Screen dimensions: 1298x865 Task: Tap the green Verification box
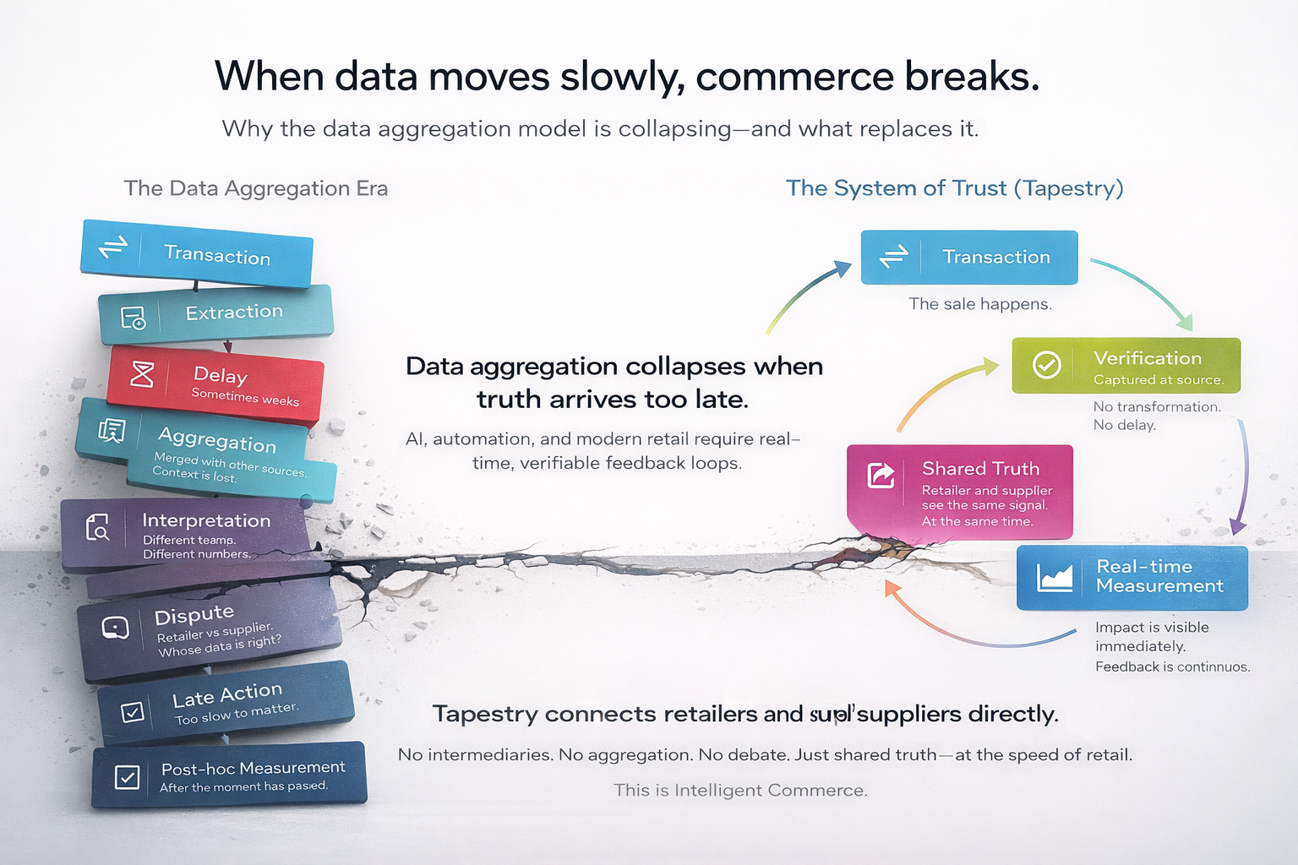tap(1126, 366)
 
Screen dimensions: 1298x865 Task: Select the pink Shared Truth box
tap(960, 492)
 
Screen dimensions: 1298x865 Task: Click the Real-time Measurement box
tap(1132, 578)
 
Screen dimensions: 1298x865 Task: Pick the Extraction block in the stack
tap(216, 313)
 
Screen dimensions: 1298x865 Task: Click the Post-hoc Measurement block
tap(229, 775)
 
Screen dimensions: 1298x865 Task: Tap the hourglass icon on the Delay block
tap(142, 373)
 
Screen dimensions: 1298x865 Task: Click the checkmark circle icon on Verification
tap(1047, 365)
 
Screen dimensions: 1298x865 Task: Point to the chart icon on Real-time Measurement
tap(1055, 578)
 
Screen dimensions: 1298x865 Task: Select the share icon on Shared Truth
tap(881, 475)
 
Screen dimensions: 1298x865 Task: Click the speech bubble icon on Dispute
tap(115, 628)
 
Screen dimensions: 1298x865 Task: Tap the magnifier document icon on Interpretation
tap(98, 528)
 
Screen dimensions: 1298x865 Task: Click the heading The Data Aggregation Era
tap(256, 188)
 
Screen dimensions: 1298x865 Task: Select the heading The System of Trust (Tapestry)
tap(954, 188)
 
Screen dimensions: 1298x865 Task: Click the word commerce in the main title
tap(794, 77)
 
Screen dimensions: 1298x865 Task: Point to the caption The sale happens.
tap(980, 304)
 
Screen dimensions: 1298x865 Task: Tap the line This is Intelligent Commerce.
tap(740, 791)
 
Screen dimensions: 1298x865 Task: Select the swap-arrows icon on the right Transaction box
tap(893, 256)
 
